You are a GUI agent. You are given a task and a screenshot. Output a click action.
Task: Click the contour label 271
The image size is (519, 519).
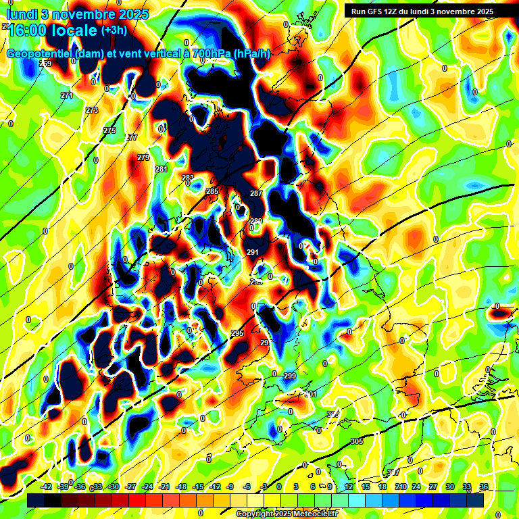point(66,95)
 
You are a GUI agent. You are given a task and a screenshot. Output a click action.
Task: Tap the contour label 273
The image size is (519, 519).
point(92,110)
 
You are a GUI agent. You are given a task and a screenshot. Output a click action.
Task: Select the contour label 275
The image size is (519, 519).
point(109,130)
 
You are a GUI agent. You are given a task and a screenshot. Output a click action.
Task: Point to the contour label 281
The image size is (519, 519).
point(161,169)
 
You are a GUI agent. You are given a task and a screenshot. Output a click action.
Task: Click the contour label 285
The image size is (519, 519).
point(212,192)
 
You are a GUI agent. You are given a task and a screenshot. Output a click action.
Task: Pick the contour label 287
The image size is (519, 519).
point(255,194)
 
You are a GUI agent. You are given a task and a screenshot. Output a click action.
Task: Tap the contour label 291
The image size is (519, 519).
point(253,252)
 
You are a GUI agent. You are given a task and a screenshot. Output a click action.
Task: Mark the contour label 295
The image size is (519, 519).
point(237,334)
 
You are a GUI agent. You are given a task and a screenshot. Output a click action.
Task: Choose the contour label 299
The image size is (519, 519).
point(289,376)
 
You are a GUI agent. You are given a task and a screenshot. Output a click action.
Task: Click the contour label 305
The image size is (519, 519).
point(357,441)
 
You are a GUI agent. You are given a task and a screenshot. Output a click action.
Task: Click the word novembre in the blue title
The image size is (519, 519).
point(82,14)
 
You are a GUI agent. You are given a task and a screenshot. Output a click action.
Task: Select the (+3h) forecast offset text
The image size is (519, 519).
point(113,30)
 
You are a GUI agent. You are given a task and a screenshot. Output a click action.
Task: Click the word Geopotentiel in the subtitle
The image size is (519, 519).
point(41,53)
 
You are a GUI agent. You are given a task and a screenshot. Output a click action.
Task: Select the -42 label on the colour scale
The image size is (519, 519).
point(47,487)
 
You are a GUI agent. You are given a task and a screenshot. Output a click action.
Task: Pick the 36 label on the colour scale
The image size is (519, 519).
point(483,487)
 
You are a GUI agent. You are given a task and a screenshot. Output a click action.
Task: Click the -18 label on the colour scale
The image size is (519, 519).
point(181,487)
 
